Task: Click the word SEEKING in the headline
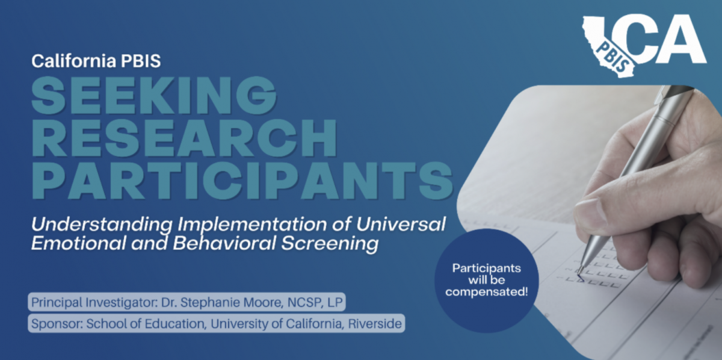coord(154,95)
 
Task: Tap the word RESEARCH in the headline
coord(184,138)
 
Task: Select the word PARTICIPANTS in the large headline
coord(242,181)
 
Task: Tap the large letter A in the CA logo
coord(684,39)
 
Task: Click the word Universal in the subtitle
coord(401,224)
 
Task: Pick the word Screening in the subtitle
coord(330,244)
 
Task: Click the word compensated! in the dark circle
coord(486,292)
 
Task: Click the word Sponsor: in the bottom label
coord(57,323)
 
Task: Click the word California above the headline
coord(74,61)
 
